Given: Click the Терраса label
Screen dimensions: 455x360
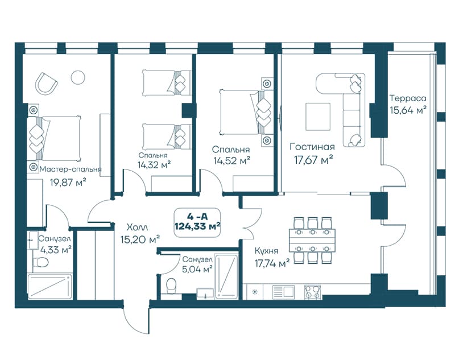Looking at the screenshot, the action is pyautogui.click(x=408, y=98).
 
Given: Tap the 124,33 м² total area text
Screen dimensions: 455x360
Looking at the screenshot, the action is pyautogui.click(x=197, y=226).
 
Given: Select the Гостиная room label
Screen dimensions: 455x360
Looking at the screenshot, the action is pyautogui.click(x=312, y=147).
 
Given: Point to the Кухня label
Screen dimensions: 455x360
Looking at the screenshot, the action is pyautogui.click(x=266, y=251).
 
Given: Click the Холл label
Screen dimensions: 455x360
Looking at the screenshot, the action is pyautogui.click(x=137, y=227).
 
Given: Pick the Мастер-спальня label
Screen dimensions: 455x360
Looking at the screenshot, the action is pyautogui.click(x=71, y=169).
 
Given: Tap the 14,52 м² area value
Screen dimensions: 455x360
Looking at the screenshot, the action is pyautogui.click(x=232, y=160).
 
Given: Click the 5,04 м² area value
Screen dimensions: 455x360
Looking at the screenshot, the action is pyautogui.click(x=196, y=270).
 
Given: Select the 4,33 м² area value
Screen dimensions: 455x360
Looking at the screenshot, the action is pyautogui.click(x=56, y=250).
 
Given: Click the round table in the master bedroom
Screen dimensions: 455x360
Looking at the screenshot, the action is pyautogui.click(x=78, y=77).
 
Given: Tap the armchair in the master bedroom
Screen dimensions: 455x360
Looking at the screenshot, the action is pyautogui.click(x=46, y=83).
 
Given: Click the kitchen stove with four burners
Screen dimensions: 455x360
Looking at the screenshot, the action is pyautogui.click(x=312, y=292).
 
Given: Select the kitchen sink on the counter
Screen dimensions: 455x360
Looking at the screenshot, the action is pyautogui.click(x=283, y=292).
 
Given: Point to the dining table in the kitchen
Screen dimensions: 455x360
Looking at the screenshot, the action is pyautogui.click(x=312, y=240).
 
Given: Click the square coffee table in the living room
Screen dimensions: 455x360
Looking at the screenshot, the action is pyautogui.click(x=318, y=117).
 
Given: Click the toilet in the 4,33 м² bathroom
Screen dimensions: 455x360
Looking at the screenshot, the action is pyautogui.click(x=40, y=263).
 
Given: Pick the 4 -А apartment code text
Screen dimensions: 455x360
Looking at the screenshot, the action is pyautogui.click(x=197, y=217).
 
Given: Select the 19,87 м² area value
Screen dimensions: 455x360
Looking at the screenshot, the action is pyautogui.click(x=68, y=183).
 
